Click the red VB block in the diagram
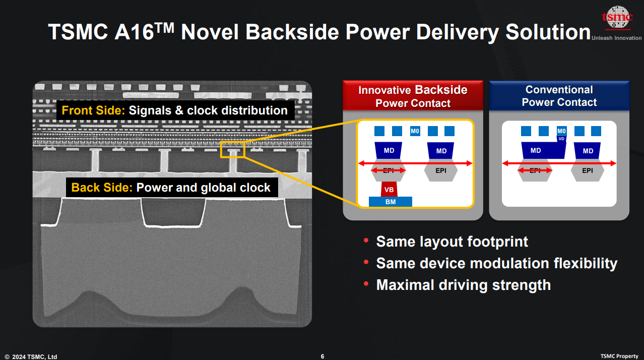389,190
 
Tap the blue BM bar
391,202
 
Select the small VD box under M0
561,139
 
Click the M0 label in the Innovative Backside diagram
415,131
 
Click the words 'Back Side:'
102,188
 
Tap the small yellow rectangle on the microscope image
232,150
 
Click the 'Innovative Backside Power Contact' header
413,96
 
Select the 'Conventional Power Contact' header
559,96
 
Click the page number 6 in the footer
323,356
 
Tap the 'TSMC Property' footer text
619,356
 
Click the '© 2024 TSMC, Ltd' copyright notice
31,356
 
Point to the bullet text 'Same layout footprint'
452,242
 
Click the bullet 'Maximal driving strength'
463,285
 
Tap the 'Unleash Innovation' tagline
616,38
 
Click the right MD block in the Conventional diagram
588,151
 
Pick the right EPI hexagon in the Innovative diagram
441,170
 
